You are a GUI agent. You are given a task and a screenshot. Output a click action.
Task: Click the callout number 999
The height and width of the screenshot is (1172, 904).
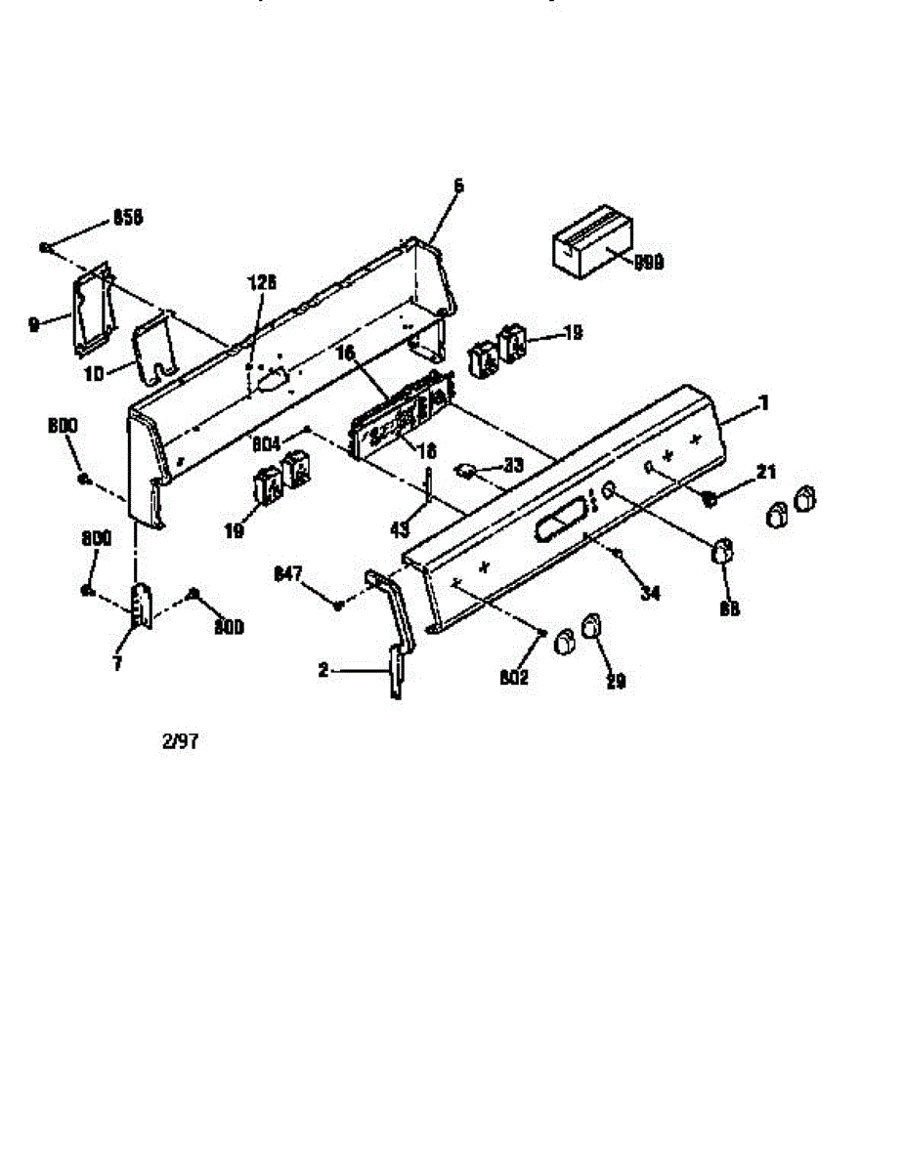coord(649,262)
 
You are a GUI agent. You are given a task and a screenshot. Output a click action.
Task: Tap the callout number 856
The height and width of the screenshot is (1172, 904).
coord(127,218)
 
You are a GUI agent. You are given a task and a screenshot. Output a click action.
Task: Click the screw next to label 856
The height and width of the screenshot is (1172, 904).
coord(46,247)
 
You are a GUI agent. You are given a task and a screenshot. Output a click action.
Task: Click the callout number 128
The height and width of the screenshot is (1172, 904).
coord(262,282)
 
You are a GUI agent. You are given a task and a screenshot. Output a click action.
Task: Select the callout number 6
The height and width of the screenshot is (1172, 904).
coord(459,186)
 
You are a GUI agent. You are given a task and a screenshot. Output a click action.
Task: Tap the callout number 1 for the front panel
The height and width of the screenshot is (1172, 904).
coord(764,402)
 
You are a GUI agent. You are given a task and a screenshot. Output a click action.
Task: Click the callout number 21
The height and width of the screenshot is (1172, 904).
coord(766,473)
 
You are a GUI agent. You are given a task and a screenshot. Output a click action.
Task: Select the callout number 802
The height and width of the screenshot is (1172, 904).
coord(514,678)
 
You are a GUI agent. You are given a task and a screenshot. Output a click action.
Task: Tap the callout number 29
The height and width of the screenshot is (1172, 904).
coord(615,682)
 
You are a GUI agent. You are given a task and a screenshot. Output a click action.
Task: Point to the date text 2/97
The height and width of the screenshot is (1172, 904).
coord(181,740)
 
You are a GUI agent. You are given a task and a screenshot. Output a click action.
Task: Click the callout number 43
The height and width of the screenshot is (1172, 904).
coord(400,530)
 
